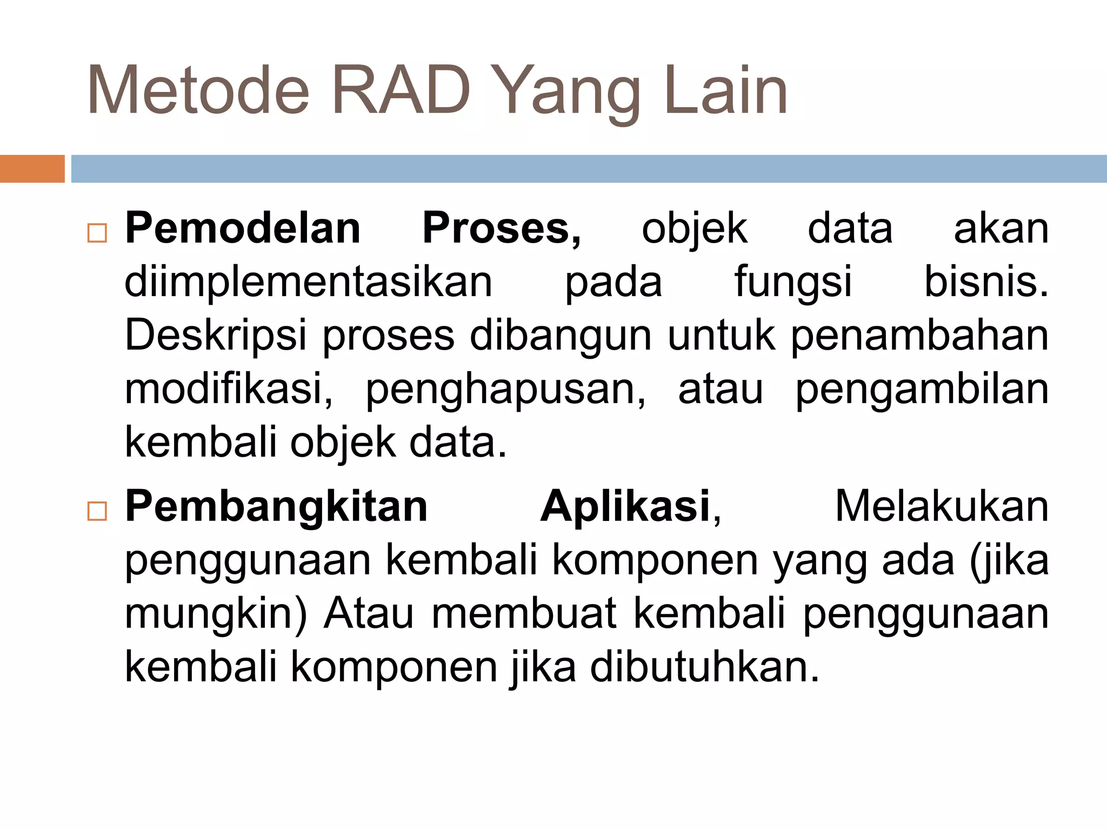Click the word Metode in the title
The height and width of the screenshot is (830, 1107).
(x=198, y=91)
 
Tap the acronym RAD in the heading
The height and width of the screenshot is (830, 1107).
(x=401, y=91)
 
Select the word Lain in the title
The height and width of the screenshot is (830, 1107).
(x=725, y=91)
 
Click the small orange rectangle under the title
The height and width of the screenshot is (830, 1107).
(x=32, y=169)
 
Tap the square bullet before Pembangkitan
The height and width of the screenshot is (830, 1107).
(x=97, y=511)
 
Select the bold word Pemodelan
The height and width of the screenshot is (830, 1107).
(x=243, y=229)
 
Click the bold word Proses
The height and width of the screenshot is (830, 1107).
(x=501, y=229)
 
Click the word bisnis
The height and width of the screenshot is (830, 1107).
(x=985, y=282)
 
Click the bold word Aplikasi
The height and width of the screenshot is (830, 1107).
(x=625, y=507)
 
